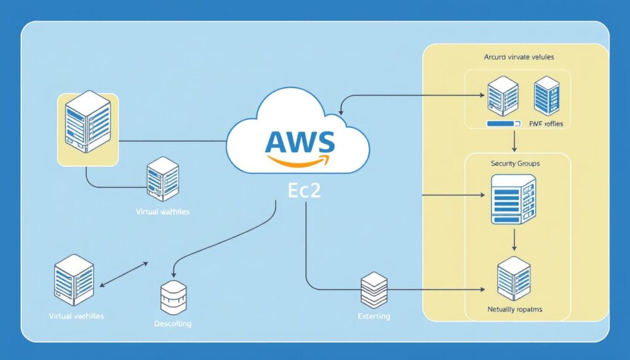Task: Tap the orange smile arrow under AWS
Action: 300,161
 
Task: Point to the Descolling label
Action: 172,323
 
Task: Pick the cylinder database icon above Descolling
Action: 172,297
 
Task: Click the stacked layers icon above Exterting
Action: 373,290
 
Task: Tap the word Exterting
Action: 373,316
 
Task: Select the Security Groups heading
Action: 516,164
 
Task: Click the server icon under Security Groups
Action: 513,199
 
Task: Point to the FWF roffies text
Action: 546,124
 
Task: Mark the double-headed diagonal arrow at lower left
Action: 124,274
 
